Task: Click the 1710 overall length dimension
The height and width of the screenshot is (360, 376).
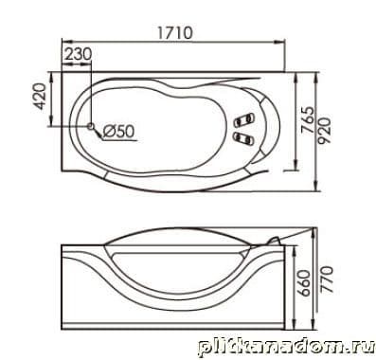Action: click(x=174, y=32)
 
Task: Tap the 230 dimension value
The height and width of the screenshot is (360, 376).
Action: click(x=78, y=54)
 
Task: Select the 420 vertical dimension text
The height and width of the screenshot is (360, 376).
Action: click(x=40, y=96)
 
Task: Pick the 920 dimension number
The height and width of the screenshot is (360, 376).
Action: click(x=324, y=131)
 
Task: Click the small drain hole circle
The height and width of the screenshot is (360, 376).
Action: click(x=91, y=126)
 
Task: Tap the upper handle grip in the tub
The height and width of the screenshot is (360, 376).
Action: click(x=243, y=119)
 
